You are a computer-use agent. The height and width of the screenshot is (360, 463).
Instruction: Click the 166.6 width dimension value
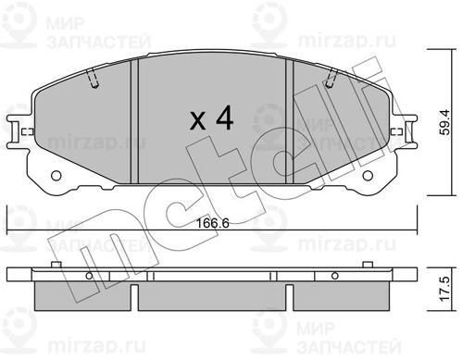(213, 223)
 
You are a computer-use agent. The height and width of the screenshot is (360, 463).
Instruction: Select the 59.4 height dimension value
(444, 122)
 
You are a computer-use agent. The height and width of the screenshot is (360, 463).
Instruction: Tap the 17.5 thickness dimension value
(444, 289)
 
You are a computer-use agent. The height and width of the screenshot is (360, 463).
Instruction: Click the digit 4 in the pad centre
(224, 118)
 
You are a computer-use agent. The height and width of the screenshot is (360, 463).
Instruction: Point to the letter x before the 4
(197, 121)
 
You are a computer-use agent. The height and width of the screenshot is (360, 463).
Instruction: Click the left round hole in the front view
(56, 176)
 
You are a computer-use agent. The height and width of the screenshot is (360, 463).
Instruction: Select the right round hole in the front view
(368, 176)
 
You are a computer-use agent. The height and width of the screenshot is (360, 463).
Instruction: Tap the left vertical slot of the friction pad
(134, 121)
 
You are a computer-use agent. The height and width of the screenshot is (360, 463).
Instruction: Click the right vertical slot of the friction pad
(290, 121)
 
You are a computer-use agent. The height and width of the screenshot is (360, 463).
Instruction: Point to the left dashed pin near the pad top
(93, 79)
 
